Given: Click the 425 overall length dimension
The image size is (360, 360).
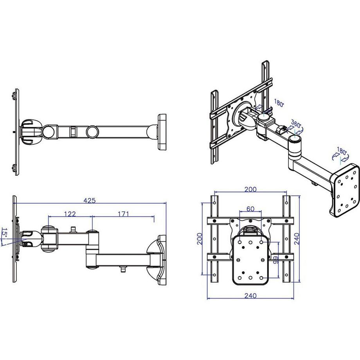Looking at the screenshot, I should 90,201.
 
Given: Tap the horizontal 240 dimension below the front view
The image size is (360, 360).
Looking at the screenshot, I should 250,295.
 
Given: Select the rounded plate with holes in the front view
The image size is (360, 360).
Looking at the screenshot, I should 250,260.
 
